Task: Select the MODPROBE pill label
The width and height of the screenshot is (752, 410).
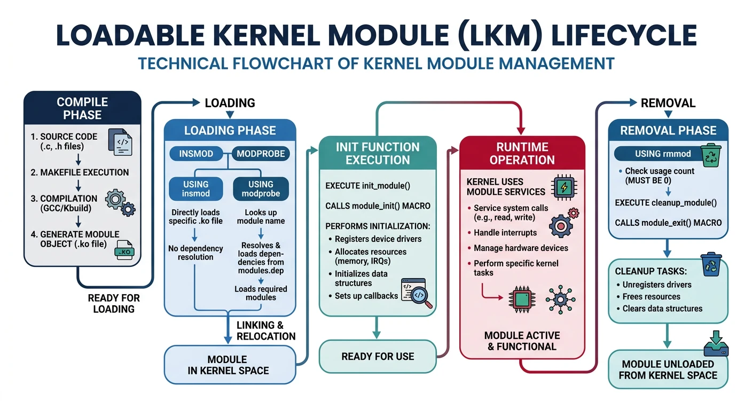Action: click(261, 154)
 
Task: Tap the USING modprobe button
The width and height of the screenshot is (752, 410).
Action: click(261, 188)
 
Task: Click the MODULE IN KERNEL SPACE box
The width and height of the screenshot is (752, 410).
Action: click(229, 364)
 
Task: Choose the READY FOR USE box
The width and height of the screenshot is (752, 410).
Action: click(378, 357)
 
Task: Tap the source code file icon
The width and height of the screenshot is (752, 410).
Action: click(121, 142)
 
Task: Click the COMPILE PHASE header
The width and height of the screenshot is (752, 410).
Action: click(82, 108)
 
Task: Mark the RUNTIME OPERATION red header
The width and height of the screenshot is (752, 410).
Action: click(522, 153)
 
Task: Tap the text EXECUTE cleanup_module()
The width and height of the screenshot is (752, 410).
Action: click(665, 203)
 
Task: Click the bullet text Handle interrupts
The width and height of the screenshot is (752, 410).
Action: click(505, 233)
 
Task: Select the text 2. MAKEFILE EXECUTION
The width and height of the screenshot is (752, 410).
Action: click(80, 172)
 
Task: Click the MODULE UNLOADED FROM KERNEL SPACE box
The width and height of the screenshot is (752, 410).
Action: click(668, 370)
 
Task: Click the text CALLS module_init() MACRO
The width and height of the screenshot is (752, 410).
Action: click(378, 206)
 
